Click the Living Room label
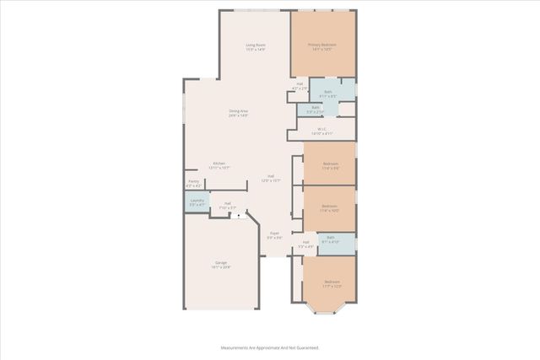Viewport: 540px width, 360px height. coord(256,46)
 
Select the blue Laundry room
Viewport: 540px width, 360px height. coord(197,202)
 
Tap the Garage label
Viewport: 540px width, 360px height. coord(221,265)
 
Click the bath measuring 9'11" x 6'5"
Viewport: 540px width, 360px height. coord(328,93)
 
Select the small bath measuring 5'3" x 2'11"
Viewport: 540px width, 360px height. coord(315,109)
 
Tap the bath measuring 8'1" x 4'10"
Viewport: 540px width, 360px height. coord(332,239)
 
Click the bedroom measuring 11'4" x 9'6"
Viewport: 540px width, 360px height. coord(330,165)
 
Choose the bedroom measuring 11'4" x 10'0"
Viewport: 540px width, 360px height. coord(329,207)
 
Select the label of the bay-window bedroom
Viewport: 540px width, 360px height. coord(332,283)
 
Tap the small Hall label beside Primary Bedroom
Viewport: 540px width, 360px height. coord(300,85)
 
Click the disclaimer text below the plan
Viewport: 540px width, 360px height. coord(269,347)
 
